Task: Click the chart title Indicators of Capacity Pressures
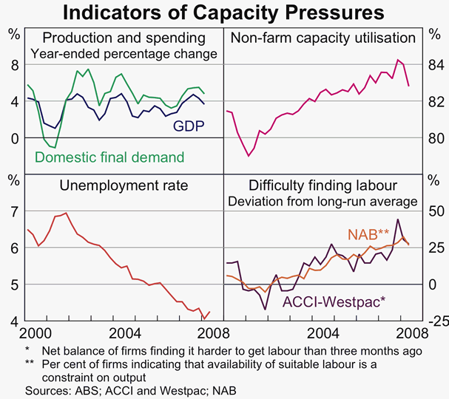point(223,13)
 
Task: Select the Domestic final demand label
point(109,157)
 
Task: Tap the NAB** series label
point(368,234)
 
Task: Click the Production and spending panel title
point(123,38)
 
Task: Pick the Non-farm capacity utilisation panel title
point(323,38)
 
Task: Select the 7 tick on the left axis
point(13,212)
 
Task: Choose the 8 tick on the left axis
point(13,65)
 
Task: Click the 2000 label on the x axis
point(35,332)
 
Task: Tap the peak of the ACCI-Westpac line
point(399,219)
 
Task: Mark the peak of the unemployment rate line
point(67,213)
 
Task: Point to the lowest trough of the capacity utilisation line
point(249,156)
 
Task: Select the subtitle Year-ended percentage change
point(124,53)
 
